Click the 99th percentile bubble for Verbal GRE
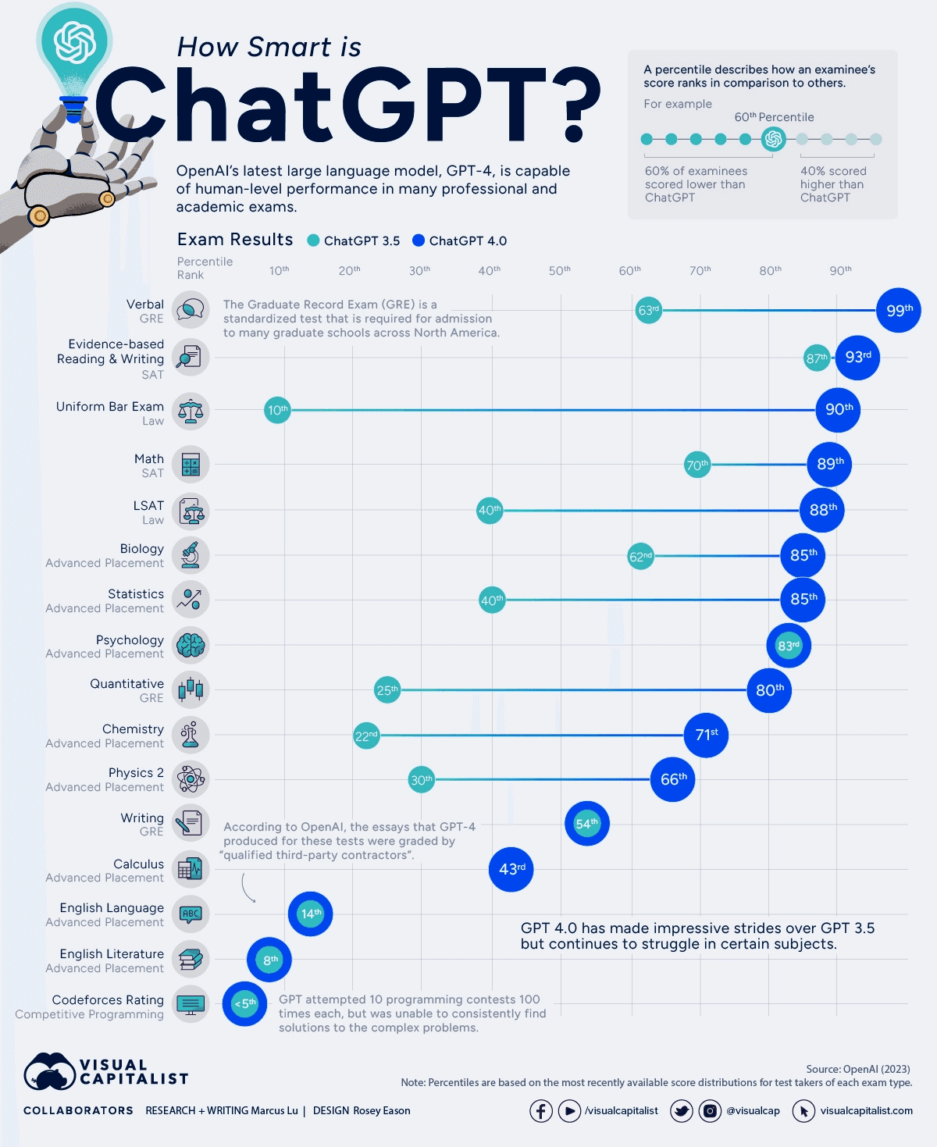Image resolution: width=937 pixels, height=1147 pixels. [x=898, y=310]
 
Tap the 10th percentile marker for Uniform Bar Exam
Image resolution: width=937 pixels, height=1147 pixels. [x=277, y=410]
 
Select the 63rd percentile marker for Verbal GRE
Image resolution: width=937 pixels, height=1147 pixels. [x=648, y=310]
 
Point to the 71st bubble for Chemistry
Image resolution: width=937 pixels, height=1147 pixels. [x=706, y=735]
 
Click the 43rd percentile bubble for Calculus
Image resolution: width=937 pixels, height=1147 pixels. [x=511, y=869]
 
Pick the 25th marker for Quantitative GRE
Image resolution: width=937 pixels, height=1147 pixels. [x=387, y=690]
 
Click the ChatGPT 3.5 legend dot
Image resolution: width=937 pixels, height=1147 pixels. [x=313, y=240]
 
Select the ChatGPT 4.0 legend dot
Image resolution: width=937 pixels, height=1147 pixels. [x=419, y=240]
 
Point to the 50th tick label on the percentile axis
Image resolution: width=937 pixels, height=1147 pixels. [x=559, y=270]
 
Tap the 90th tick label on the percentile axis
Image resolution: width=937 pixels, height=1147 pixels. [x=840, y=270]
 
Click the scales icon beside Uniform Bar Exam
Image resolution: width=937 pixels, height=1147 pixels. [x=191, y=411]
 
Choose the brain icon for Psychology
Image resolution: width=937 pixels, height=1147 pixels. [x=191, y=646]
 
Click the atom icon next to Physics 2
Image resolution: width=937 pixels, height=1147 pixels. [x=191, y=778]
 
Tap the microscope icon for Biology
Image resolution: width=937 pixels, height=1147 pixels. [x=191, y=555]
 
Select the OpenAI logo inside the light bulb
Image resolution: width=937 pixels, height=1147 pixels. [x=74, y=42]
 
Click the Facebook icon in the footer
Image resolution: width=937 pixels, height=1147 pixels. [x=541, y=1110]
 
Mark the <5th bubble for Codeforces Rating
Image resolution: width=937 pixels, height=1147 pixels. [x=244, y=1003]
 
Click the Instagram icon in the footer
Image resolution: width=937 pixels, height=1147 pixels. [x=710, y=1110]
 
